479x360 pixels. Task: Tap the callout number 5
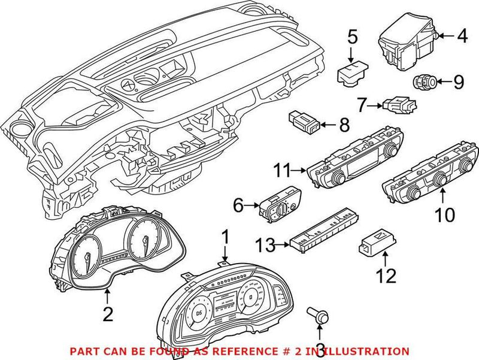353,37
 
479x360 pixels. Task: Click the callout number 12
387,277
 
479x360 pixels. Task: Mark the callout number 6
238,206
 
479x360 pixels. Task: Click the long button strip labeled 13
324,228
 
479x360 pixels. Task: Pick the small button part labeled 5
353,72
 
